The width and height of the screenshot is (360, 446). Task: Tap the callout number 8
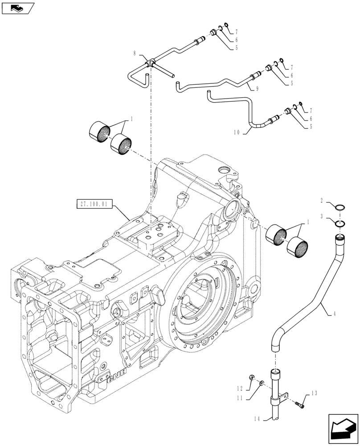pos(135,54)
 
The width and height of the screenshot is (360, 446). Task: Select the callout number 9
pos(257,89)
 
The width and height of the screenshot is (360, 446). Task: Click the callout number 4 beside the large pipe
pos(334,314)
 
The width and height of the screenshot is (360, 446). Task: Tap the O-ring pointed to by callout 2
pos(340,207)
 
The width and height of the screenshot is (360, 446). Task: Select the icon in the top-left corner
pos(18,8)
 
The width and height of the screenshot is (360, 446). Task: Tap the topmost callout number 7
pos(236,32)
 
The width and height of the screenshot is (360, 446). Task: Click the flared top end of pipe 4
pos(340,240)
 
